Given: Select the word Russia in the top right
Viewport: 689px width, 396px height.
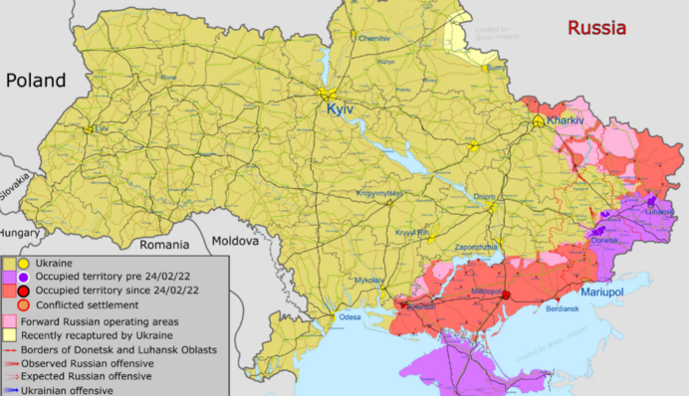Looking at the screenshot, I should [596, 27].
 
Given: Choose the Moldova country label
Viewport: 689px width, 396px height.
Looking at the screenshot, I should [235, 241].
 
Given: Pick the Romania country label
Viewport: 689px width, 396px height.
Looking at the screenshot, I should [164, 244].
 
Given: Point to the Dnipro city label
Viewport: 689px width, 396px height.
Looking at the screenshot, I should [485, 196].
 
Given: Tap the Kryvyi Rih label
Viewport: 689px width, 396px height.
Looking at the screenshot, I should [411, 232].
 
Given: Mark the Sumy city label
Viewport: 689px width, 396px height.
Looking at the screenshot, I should [495, 69].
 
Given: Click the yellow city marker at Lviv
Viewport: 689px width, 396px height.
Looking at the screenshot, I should [89, 129].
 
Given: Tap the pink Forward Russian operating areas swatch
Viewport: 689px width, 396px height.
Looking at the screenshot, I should [9, 321].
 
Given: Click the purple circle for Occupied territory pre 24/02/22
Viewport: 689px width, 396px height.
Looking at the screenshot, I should [22, 275].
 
